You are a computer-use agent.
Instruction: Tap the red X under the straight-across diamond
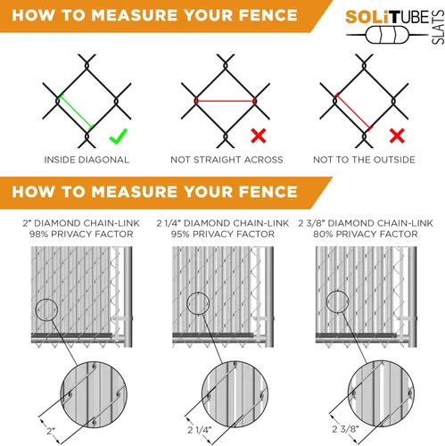tap(259, 136)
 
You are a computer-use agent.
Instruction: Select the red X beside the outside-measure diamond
tap(397, 136)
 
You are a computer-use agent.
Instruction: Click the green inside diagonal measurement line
tap(76, 111)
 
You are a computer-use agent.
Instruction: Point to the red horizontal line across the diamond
tap(226, 101)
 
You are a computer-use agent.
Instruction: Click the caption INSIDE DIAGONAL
tap(87, 160)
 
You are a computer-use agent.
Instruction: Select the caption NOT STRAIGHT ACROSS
tap(227, 160)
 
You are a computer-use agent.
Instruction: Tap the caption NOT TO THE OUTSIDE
tap(364, 160)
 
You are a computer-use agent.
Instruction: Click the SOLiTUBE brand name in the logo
tap(387, 18)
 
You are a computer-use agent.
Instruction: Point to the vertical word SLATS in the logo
tap(438, 27)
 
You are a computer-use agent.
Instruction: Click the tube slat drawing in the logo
tap(387, 36)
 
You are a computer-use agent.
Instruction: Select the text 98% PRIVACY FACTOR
tap(81, 235)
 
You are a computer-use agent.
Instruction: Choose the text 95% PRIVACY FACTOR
tap(223, 235)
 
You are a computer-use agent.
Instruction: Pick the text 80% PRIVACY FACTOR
tap(366, 235)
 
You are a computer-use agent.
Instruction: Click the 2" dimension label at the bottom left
tap(51, 431)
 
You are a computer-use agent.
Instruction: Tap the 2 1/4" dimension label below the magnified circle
tap(200, 430)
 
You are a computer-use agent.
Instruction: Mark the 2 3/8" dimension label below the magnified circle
tap(345, 429)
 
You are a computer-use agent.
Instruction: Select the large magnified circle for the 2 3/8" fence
tap(348, 393)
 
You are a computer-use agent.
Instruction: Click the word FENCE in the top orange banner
tap(268, 15)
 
